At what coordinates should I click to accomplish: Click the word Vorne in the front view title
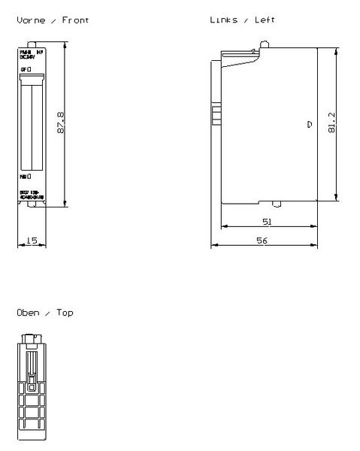pos(29,20)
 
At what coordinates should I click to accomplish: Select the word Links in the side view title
pos(223,20)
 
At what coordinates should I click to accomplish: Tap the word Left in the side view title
pos(265,20)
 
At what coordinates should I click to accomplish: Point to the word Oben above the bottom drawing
pos(27,312)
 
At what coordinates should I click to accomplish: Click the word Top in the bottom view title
pos(65,312)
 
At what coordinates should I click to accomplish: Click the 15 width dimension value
pos(32,241)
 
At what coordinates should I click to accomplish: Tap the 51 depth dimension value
pos(267,222)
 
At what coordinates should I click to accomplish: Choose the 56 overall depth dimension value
pos(262,241)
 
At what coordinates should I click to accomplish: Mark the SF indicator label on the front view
pos(26,69)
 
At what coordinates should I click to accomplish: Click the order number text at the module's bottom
pos(32,194)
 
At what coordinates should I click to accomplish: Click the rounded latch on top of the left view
pos(264,47)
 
